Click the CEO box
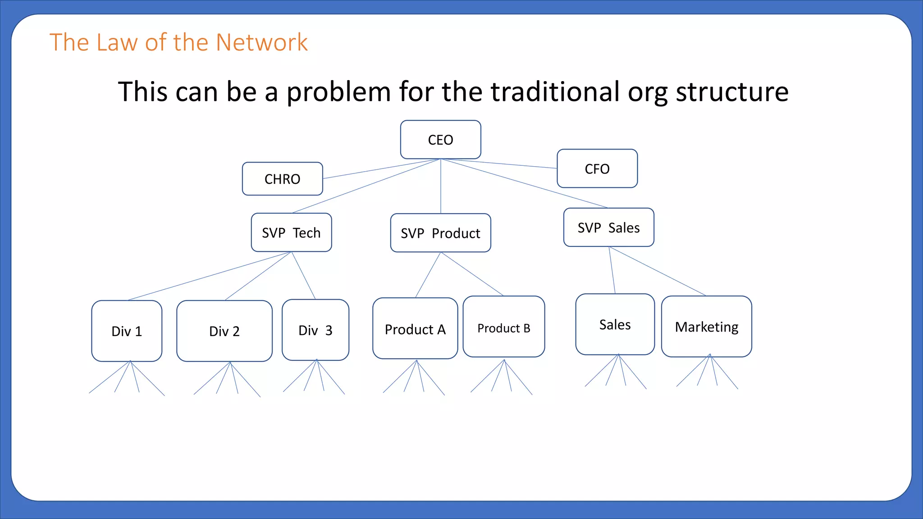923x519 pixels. click(x=440, y=140)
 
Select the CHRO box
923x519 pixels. click(x=282, y=179)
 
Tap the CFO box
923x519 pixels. click(x=597, y=168)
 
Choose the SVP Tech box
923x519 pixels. click(x=291, y=232)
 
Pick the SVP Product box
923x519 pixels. click(x=440, y=233)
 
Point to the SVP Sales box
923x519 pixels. click(x=608, y=228)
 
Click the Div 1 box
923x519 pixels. click(x=127, y=331)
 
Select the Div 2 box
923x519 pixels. click(x=224, y=331)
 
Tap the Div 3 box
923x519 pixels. click(x=315, y=330)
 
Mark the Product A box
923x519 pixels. click(x=415, y=329)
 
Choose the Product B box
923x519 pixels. click(x=503, y=328)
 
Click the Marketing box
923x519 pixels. click(x=706, y=327)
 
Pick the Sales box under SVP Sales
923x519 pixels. click(x=615, y=324)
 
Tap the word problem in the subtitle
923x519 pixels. click(x=338, y=91)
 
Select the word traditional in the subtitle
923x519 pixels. click(x=555, y=91)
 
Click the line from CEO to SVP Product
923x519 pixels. click(x=441, y=187)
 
